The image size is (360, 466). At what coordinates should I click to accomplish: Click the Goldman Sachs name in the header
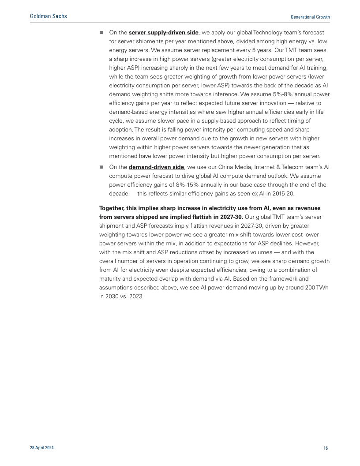[49, 16]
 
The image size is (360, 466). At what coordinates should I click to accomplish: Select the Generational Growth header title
[310, 17]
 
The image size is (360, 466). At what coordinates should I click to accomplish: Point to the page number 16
[326, 448]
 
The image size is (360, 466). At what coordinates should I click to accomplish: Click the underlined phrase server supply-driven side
[163, 32]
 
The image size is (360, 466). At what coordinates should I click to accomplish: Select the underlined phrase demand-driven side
[156, 167]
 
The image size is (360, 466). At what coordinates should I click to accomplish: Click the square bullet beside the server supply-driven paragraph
[101, 32]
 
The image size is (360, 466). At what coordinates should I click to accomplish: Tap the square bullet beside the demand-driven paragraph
[101, 167]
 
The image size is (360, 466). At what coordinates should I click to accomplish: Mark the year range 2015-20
[271, 194]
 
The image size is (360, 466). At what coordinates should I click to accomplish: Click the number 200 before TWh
[307, 288]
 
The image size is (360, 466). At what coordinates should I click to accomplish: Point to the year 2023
[135, 297]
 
